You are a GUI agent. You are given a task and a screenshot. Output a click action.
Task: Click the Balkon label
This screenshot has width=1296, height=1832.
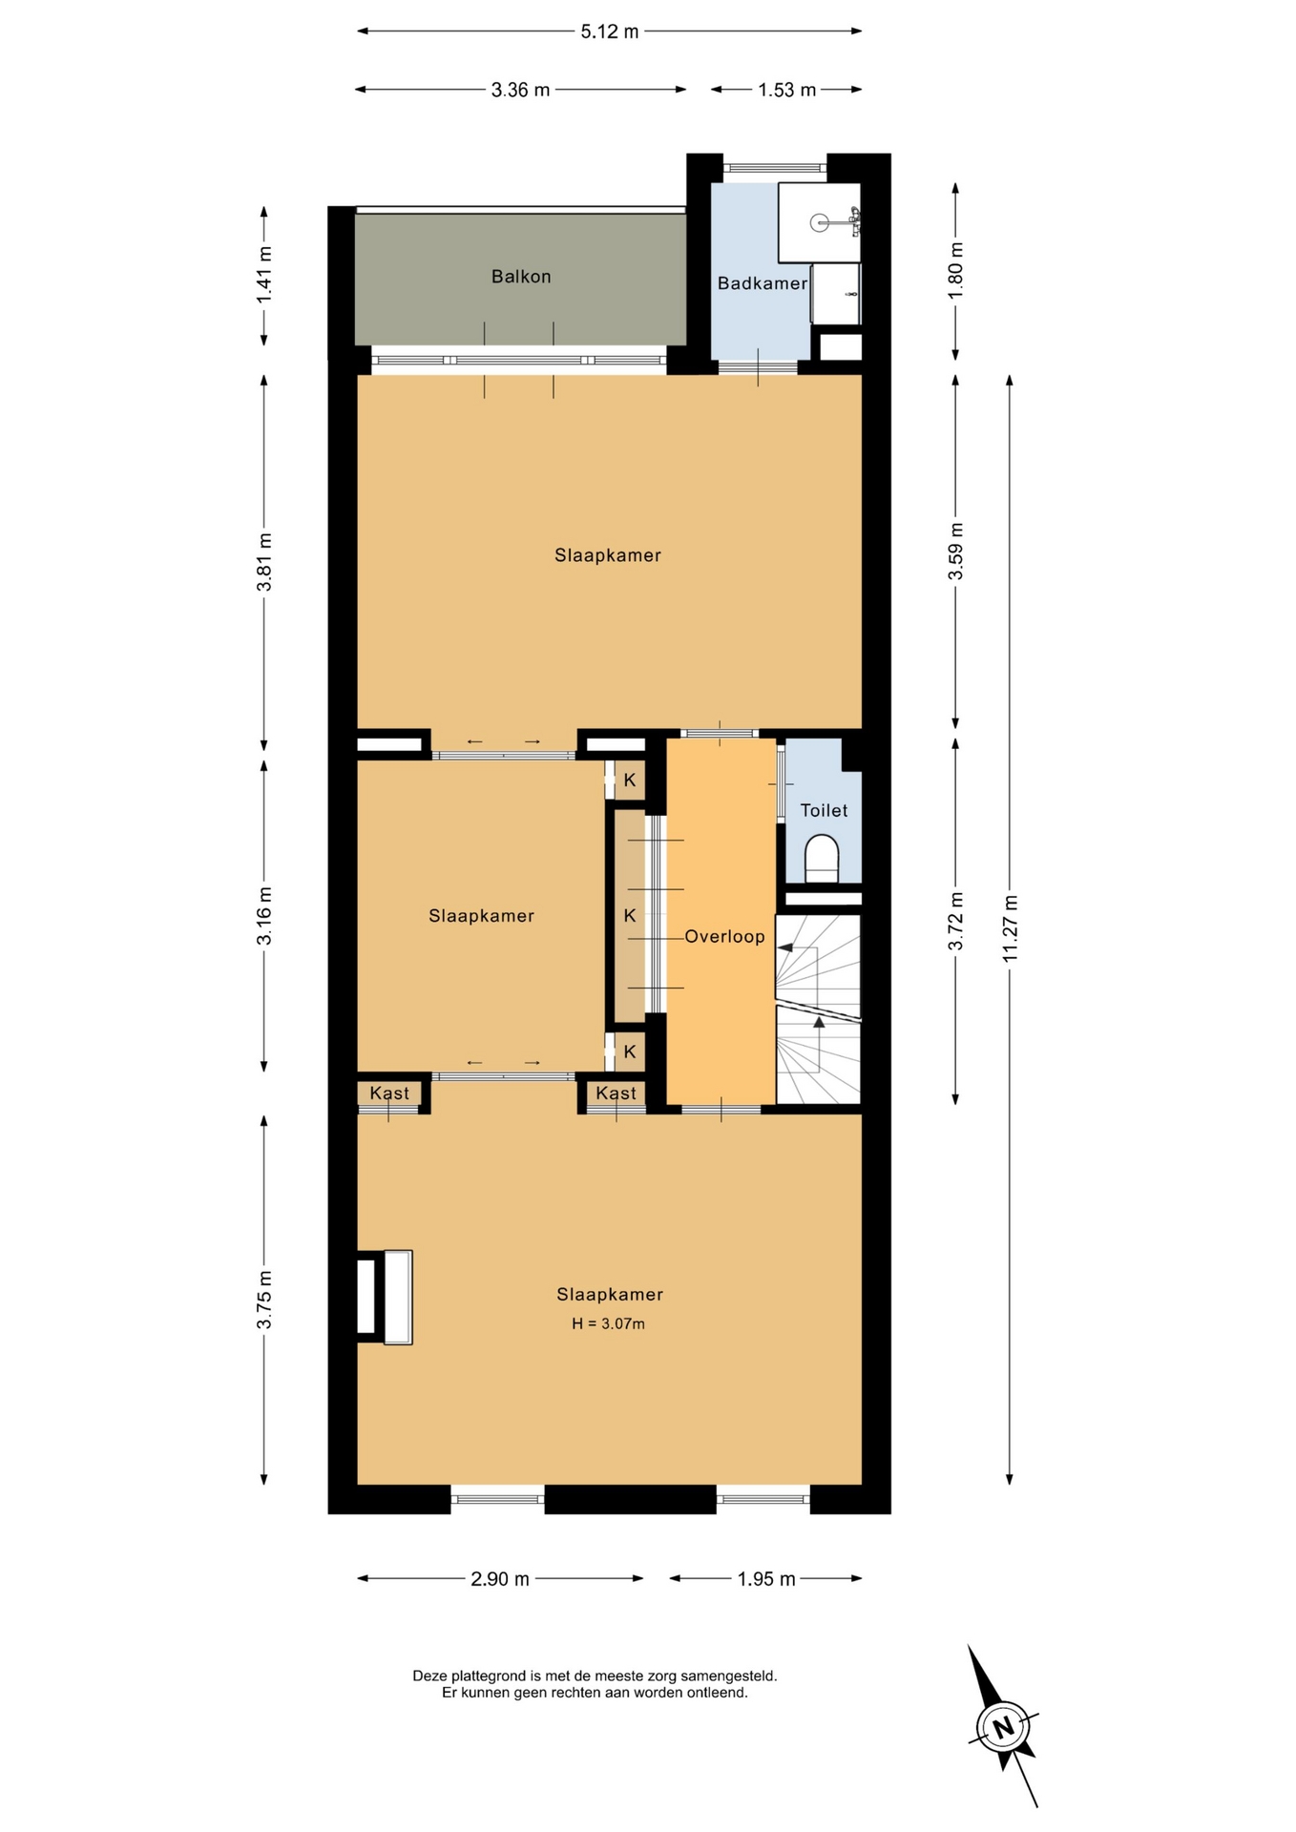click(521, 277)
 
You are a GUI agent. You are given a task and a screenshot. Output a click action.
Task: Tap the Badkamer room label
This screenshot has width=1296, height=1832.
click(763, 283)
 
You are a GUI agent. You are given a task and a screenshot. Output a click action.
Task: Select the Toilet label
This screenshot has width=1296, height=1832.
click(824, 810)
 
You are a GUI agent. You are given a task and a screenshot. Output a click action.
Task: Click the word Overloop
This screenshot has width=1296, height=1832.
click(724, 937)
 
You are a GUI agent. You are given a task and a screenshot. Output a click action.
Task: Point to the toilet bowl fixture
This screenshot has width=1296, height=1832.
click(822, 858)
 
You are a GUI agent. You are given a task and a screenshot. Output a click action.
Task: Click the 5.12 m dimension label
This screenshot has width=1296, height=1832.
click(610, 31)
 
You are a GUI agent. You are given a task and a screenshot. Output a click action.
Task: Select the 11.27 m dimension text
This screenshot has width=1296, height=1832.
click(1011, 928)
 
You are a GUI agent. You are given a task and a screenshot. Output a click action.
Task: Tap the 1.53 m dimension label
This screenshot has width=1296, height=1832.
click(787, 91)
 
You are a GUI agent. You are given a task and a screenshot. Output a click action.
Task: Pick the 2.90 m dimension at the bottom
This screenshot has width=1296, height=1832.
click(500, 1579)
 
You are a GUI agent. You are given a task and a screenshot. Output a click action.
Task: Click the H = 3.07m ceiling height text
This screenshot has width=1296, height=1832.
click(609, 1323)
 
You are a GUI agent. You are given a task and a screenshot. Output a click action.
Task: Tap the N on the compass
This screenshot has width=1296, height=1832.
click(1002, 1727)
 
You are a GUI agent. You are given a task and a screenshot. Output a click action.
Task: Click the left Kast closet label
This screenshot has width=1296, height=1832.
click(389, 1093)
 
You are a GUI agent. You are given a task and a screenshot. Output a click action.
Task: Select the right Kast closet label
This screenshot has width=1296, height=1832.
click(616, 1093)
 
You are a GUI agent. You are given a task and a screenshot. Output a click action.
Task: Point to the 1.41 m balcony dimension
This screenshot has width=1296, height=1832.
click(264, 275)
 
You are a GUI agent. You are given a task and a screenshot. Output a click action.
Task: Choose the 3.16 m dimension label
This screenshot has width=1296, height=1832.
click(264, 916)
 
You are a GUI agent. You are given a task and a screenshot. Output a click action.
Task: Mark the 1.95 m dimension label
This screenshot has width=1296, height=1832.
click(766, 1579)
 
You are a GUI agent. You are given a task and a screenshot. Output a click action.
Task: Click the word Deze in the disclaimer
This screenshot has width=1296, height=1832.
click(429, 1676)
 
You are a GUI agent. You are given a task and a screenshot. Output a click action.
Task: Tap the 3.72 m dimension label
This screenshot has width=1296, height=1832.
click(955, 922)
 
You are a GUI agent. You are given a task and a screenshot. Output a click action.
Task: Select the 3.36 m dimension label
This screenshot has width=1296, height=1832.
click(521, 91)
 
